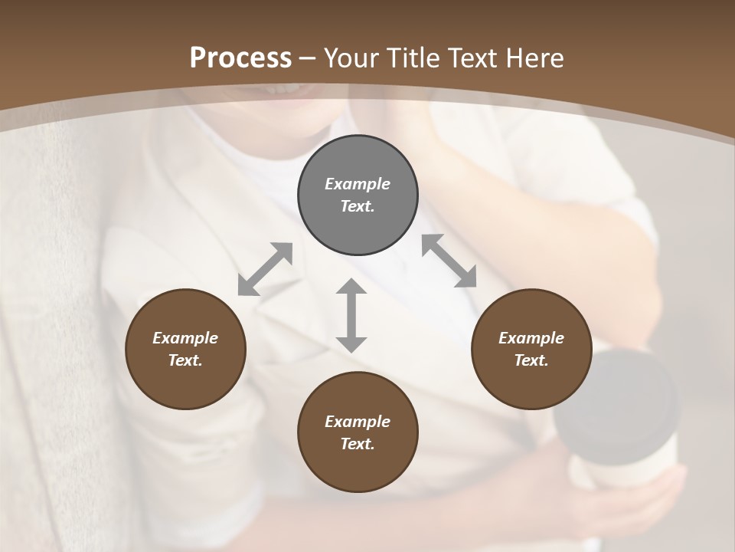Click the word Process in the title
tap(240, 58)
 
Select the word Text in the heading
tap(472, 58)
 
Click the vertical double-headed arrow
tap(351, 315)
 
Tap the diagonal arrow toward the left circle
tap(265, 269)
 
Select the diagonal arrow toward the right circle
tap(449, 261)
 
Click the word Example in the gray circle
tap(358, 184)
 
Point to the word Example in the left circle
tap(185, 338)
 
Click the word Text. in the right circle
tap(531, 360)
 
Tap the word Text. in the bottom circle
tap(358, 444)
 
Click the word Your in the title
tap(351, 58)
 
